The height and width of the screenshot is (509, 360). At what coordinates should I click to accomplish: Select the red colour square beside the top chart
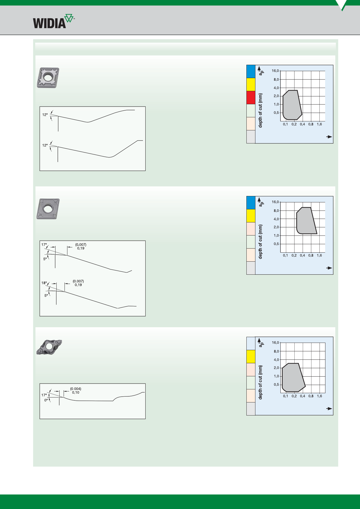click(251, 98)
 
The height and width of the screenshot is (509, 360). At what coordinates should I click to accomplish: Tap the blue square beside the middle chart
click(251, 203)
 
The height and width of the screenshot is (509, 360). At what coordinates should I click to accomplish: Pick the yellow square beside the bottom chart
click(251, 357)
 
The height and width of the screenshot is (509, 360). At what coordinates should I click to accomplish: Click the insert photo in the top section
click(48, 78)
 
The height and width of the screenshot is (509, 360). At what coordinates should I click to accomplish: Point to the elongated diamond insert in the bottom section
click(49, 347)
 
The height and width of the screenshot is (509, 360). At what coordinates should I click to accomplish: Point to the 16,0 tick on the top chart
click(275, 71)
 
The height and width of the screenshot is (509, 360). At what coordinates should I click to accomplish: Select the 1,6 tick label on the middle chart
click(319, 256)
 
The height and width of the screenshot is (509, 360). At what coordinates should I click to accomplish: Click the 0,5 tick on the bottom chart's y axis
click(276, 385)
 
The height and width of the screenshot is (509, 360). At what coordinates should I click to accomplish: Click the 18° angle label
click(44, 283)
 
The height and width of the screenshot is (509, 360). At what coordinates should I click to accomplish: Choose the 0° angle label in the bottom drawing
click(46, 400)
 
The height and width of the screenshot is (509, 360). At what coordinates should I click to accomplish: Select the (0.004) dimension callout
click(76, 389)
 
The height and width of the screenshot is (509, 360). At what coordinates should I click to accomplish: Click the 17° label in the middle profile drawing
click(44, 245)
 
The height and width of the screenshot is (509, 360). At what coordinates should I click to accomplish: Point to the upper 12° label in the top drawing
click(45, 115)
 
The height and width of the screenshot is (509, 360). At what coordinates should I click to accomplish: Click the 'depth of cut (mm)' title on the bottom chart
click(260, 382)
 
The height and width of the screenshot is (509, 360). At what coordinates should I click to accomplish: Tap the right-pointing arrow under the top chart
click(329, 137)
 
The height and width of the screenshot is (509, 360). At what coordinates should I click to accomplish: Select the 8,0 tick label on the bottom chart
click(276, 351)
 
